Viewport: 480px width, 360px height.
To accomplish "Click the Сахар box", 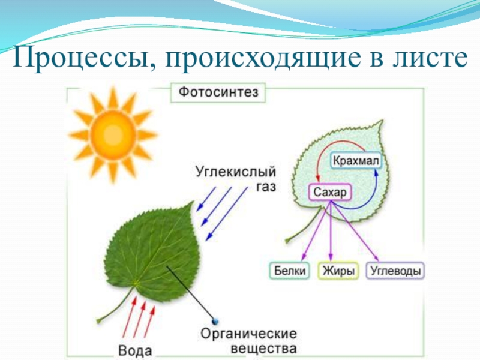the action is tap(329, 193).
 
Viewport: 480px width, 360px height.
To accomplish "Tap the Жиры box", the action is tap(339, 271).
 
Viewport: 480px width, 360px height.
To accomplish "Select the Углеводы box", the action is tap(395, 271).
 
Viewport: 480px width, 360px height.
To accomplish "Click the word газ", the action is tap(266, 187).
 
